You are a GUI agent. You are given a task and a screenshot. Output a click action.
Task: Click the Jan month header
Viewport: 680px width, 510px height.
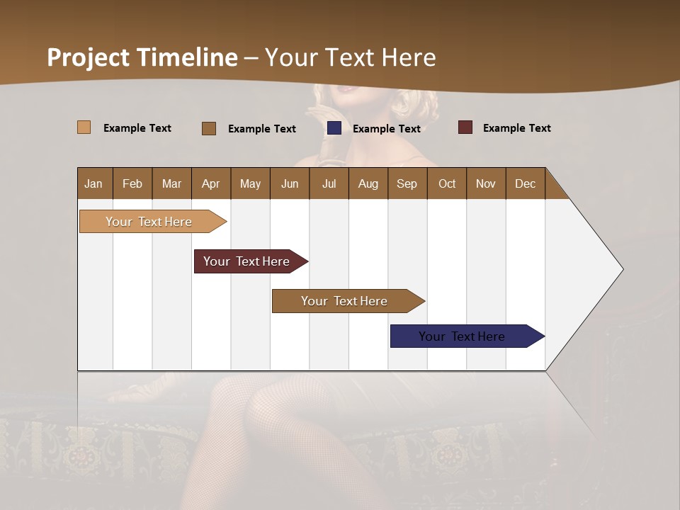coord(93,183)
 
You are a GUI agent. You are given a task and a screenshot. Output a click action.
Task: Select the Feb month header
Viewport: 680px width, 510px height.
coord(132,183)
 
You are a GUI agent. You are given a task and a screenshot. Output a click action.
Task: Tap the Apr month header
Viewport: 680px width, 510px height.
coord(210,183)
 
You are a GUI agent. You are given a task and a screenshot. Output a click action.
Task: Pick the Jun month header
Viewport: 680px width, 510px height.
coord(290,183)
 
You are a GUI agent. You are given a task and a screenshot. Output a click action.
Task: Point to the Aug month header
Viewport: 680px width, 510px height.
coord(368,183)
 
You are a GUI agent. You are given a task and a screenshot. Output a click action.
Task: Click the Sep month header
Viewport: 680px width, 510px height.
coord(407,183)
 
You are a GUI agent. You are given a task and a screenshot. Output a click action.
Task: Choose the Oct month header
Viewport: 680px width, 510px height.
coord(447,183)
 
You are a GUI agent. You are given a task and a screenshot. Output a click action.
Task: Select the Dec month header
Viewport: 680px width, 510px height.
coord(525,183)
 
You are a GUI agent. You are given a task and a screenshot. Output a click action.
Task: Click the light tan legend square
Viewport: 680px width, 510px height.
coord(84,127)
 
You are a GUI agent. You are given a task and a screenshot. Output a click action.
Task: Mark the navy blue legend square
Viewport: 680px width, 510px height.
coord(334,128)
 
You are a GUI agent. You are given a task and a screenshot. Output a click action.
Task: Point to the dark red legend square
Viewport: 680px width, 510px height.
coord(465,127)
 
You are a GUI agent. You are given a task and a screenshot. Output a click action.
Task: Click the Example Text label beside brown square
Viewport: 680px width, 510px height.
coord(261,129)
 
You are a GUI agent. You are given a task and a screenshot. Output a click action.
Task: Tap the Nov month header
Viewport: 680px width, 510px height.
coord(485,183)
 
